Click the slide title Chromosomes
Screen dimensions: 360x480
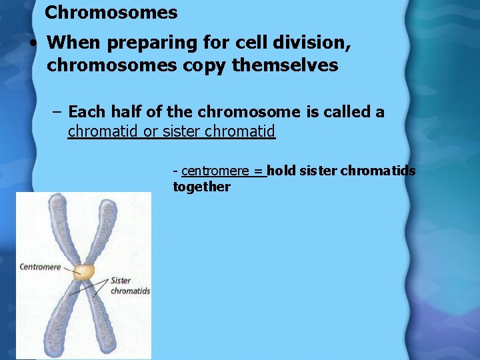coord(111,13)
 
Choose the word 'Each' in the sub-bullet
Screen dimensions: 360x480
coord(87,112)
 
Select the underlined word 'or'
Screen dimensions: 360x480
coord(151,132)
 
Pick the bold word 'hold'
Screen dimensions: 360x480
coord(281,171)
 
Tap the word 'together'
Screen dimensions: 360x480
coord(201,187)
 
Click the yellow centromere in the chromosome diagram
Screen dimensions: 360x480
coord(84,271)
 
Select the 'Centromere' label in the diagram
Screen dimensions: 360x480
coord(40,267)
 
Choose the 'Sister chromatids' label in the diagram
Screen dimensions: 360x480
coord(130,286)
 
